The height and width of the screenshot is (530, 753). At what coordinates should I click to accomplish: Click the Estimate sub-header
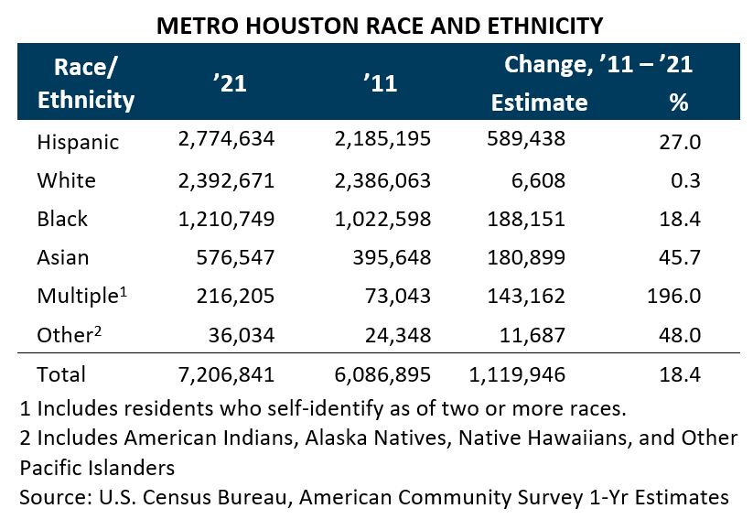point(539,102)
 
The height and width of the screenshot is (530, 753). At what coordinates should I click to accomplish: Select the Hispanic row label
point(78,142)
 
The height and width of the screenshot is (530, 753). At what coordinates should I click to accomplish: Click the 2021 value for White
point(225,179)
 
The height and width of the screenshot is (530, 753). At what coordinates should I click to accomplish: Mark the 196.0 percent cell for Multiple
point(680,296)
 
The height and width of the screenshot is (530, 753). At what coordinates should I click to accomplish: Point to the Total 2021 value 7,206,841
point(225,373)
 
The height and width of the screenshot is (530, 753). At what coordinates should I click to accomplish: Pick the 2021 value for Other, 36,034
point(243,334)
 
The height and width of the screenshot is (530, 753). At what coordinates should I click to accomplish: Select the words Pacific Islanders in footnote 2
point(96,467)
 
